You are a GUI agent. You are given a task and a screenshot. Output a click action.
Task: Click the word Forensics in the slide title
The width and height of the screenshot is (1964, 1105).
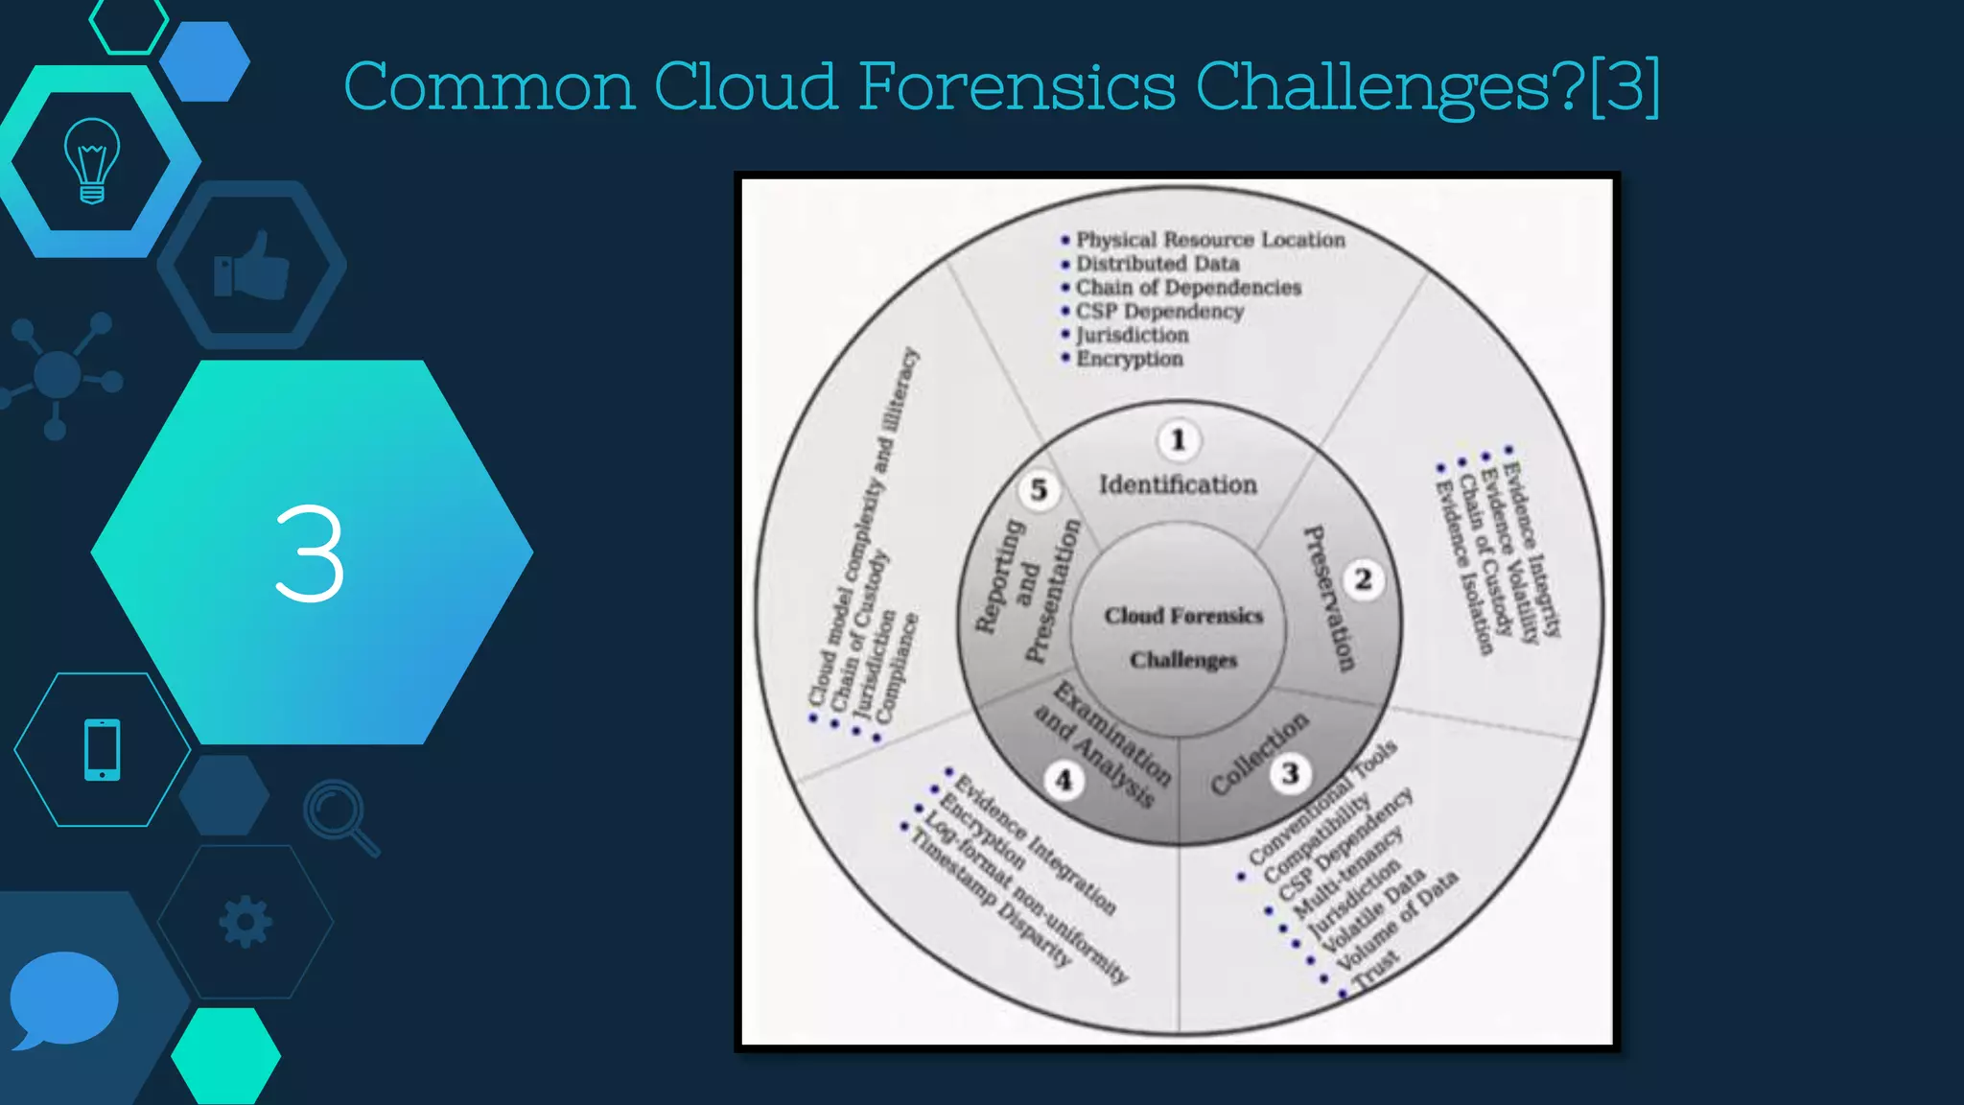click(1017, 86)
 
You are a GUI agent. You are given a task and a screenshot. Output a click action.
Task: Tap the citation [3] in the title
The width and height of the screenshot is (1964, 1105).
click(1624, 86)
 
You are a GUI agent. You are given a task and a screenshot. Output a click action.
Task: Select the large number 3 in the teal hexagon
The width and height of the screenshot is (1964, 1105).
click(309, 554)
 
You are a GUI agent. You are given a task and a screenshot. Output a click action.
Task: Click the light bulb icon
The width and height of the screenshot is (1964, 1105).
click(92, 161)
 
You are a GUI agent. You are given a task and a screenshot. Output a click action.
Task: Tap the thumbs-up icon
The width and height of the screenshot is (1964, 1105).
click(251, 267)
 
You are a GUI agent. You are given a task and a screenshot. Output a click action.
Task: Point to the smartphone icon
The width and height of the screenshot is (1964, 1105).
click(103, 749)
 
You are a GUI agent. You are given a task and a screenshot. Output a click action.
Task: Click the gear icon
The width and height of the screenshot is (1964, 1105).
click(245, 922)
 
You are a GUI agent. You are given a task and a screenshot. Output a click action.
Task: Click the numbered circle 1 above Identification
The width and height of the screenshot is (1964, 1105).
click(1179, 440)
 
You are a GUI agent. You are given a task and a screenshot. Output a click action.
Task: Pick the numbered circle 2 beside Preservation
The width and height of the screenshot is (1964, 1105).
click(1363, 579)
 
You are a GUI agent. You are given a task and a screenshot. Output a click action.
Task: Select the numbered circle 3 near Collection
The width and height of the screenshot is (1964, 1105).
click(1290, 773)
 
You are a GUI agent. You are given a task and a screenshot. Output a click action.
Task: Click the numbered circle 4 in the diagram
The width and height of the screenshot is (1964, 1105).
click(1064, 781)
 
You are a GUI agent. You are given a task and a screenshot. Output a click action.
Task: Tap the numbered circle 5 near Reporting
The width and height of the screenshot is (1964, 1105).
click(1039, 490)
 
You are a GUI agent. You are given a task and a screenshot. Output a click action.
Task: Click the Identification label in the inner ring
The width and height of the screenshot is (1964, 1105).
click(1178, 485)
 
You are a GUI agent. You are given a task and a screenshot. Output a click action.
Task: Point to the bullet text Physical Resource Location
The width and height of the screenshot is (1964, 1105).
click(1210, 240)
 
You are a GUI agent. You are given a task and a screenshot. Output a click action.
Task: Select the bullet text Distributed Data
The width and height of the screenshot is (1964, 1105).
click(1157, 264)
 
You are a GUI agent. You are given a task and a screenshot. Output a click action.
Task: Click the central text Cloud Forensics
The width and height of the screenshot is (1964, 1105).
click(1183, 616)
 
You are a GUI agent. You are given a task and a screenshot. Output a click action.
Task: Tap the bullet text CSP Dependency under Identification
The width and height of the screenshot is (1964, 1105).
click(1159, 312)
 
